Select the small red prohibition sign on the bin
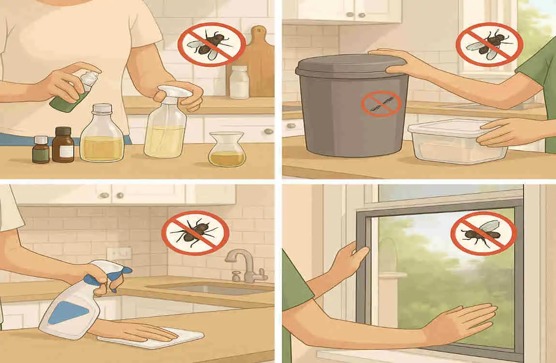(x=381, y=104)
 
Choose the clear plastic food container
(x=457, y=141)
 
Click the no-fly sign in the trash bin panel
(x=489, y=45)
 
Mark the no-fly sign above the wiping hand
(x=195, y=233)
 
